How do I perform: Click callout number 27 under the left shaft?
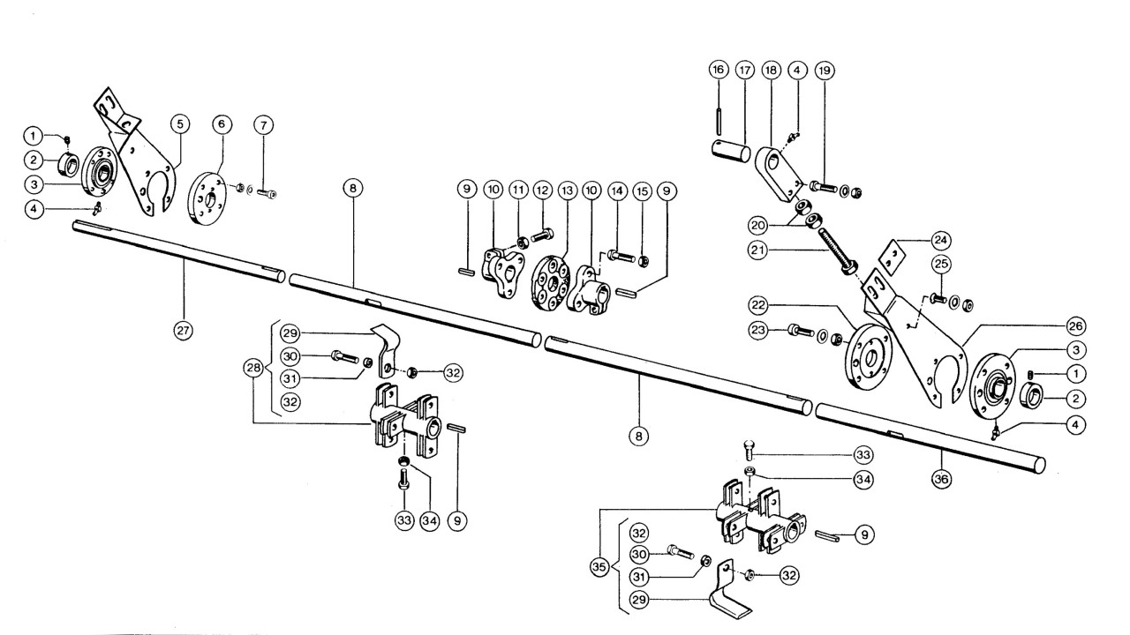pos(183,331)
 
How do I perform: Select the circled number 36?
pos(941,479)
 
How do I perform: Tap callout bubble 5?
pos(180,124)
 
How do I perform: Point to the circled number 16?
pos(719,70)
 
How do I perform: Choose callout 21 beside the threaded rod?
pos(758,250)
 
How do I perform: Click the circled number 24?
pos(941,241)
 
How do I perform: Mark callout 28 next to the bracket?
pos(253,368)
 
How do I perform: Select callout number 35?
pos(599,567)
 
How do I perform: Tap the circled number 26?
pos(1075,326)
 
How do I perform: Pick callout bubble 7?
pos(263,125)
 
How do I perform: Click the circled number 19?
pos(824,71)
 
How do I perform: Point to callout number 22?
pos(758,305)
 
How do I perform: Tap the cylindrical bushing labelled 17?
pos(731,153)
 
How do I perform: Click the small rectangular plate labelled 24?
pos(893,258)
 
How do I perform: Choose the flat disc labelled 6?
pos(207,198)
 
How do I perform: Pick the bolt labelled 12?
pos(542,235)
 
